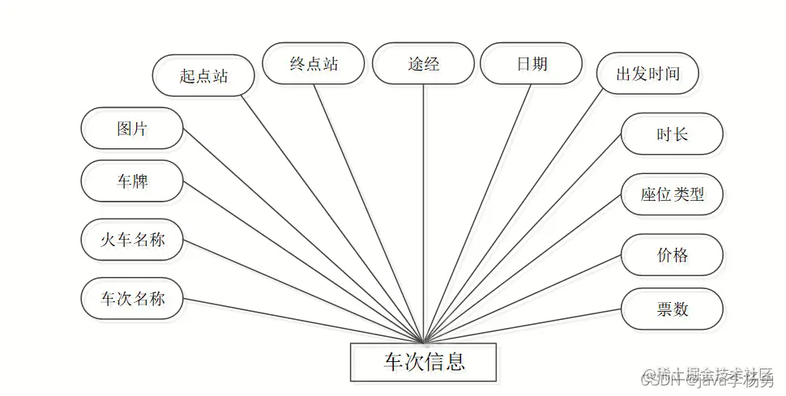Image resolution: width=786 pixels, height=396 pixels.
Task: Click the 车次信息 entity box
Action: pos(423,361)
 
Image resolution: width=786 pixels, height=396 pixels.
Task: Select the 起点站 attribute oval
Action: pos(203,76)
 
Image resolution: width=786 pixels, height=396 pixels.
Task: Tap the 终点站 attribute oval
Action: pos(314,64)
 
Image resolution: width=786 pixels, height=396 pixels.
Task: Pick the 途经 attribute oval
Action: pos(423,64)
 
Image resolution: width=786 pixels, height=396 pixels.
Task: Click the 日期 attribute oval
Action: pos(532,64)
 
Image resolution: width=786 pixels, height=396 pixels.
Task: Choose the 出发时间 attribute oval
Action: pos(647,75)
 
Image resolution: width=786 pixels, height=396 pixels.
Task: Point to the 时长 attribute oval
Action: pos(672,134)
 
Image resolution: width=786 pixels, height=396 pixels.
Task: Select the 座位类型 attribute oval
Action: pos(672,194)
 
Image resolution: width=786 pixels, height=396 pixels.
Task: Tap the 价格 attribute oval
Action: pos(672,255)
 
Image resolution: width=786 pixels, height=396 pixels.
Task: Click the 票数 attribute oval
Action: pos(672,308)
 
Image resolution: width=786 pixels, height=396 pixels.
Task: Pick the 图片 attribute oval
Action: pos(132,128)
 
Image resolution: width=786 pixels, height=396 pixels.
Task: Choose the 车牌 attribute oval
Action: pos(132,181)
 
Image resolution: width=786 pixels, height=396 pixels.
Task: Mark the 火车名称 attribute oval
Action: pos(132,239)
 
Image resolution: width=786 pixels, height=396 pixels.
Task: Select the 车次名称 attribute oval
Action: pos(132,299)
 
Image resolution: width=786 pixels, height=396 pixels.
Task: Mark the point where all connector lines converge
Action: pos(423,343)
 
